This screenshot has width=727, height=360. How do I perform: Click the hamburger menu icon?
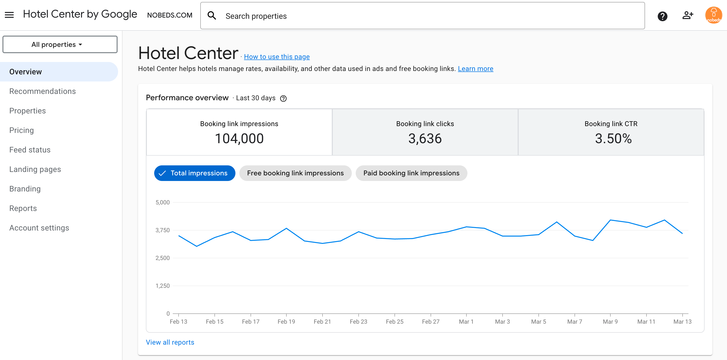pyautogui.click(x=9, y=15)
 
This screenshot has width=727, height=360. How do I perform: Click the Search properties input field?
pyautogui.click(x=423, y=16)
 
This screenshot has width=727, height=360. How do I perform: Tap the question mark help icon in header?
pyautogui.click(x=662, y=16)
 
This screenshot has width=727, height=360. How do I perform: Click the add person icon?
pyautogui.click(x=687, y=15)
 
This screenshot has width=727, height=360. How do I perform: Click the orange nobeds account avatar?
pyautogui.click(x=713, y=15)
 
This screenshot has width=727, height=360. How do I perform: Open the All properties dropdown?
pyautogui.click(x=60, y=45)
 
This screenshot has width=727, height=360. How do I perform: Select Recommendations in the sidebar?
pyautogui.click(x=42, y=91)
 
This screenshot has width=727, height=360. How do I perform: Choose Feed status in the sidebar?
pyautogui.click(x=30, y=150)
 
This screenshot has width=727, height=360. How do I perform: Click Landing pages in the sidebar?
pyautogui.click(x=35, y=169)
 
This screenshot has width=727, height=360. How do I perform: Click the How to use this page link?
pyautogui.click(x=277, y=57)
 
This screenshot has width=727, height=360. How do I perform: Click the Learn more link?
pyautogui.click(x=475, y=69)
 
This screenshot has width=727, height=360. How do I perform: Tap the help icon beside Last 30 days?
pyautogui.click(x=283, y=99)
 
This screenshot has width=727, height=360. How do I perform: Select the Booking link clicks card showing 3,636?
pyautogui.click(x=425, y=132)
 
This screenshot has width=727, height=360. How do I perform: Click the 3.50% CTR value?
pyautogui.click(x=613, y=139)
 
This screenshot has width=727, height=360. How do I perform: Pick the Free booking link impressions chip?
pyautogui.click(x=295, y=173)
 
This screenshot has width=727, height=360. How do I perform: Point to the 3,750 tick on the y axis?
pyautogui.click(x=162, y=230)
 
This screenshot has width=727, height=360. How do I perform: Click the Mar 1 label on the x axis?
pyautogui.click(x=466, y=321)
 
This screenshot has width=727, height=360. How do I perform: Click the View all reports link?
pyautogui.click(x=170, y=342)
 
